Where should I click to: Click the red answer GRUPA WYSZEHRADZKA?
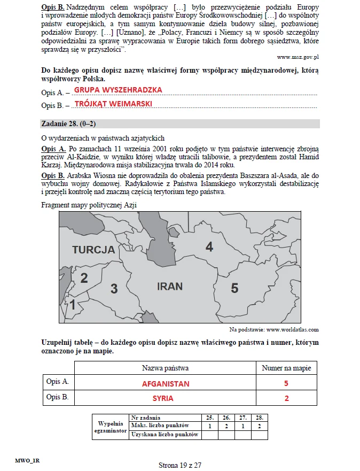(x=118, y=90)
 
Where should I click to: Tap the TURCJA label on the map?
(x=93, y=250)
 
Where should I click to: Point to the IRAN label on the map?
(x=170, y=287)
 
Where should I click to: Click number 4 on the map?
(x=209, y=247)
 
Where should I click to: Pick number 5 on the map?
(x=234, y=289)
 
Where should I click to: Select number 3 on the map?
(x=114, y=289)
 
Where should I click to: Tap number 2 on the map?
(x=84, y=278)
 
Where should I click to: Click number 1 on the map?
(x=73, y=305)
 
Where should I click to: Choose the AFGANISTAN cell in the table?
(x=166, y=384)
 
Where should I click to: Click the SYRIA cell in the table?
(x=163, y=398)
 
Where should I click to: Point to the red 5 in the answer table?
(x=286, y=384)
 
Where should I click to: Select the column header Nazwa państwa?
(x=165, y=368)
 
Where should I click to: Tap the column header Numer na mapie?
(x=286, y=368)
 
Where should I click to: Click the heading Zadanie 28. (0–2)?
(x=68, y=124)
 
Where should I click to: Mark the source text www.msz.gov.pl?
(x=298, y=56)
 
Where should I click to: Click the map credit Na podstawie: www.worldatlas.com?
(x=274, y=329)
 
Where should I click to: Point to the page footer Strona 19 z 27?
(x=180, y=465)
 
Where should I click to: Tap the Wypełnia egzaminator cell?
(x=111, y=426)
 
